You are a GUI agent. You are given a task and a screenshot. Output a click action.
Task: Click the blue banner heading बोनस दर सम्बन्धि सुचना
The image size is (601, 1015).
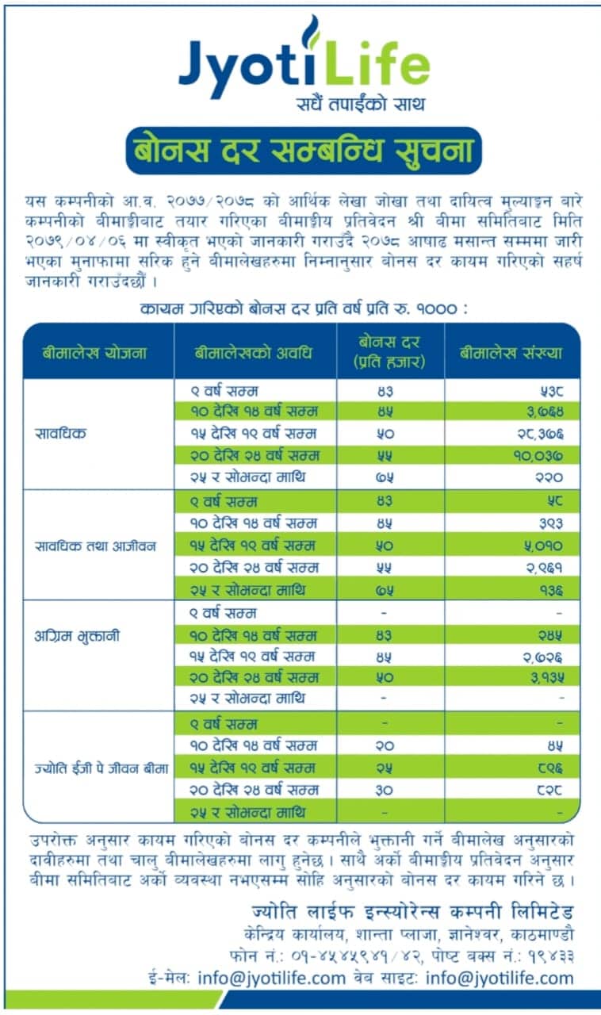[303, 150]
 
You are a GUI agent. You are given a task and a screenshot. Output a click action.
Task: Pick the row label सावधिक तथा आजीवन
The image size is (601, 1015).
[96, 546]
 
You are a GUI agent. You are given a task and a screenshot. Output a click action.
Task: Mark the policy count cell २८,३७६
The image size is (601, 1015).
[540, 433]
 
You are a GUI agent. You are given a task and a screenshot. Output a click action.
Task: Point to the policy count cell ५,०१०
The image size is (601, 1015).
[543, 546]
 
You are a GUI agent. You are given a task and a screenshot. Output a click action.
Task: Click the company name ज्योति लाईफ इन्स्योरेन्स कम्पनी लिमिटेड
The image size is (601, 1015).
[412, 909]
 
